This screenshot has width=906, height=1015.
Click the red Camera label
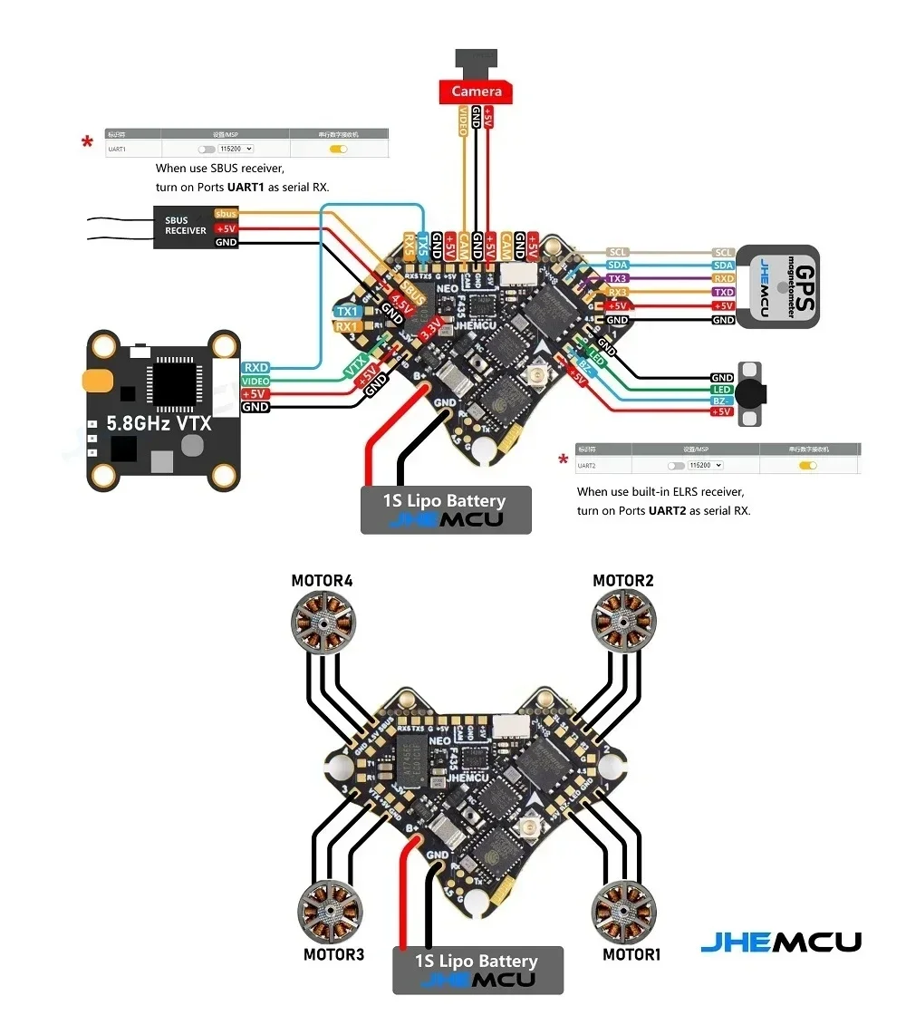477,92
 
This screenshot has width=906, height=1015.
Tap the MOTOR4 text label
322,580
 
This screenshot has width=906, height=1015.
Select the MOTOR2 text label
623,580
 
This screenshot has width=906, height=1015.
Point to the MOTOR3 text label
333,954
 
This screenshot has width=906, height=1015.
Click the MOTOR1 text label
632,954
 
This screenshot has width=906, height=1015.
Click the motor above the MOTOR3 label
330,913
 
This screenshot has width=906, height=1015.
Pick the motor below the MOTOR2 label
622,621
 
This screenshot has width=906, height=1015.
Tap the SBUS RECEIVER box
185,226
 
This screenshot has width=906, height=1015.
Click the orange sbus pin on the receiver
226,214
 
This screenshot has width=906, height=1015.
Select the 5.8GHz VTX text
159,423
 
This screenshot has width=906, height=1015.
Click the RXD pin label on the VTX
255,367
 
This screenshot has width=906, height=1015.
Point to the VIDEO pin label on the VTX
255,381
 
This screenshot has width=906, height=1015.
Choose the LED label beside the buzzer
722,389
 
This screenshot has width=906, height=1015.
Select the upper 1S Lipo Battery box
446,509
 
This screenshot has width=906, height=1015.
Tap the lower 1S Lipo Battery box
477,970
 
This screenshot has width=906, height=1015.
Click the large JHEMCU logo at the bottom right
781,942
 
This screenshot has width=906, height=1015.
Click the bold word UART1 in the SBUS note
246,186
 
